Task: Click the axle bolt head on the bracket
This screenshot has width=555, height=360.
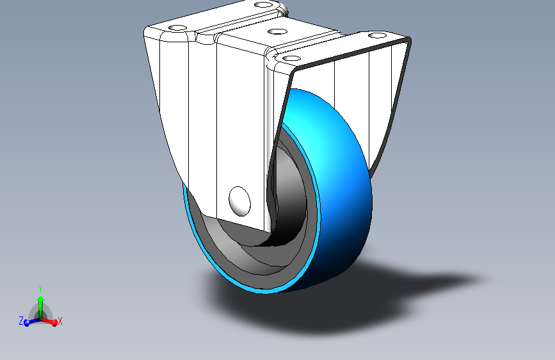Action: click(239, 199)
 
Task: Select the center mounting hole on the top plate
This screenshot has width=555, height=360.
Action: click(277, 31)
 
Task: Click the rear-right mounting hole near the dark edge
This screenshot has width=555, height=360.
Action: click(378, 37)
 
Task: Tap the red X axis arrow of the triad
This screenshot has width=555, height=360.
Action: click(52, 322)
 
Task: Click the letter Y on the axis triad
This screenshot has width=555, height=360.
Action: click(40, 288)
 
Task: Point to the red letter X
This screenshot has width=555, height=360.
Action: click(60, 320)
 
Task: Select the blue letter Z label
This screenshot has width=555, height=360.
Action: click(20, 320)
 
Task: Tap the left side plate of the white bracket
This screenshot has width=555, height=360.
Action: click(192, 115)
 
